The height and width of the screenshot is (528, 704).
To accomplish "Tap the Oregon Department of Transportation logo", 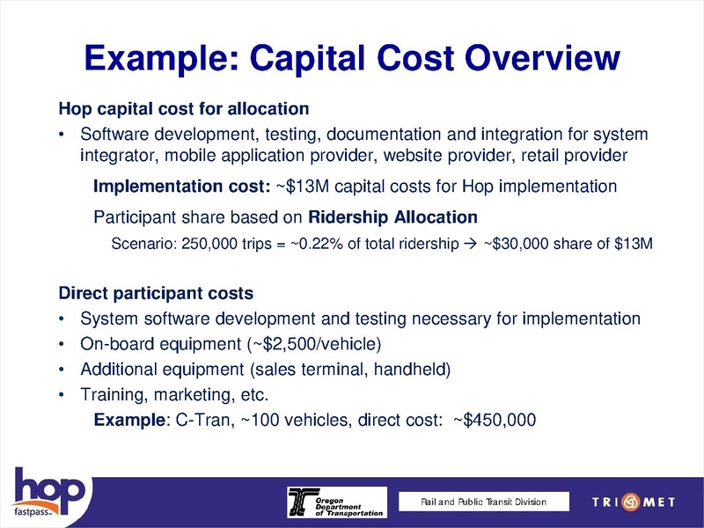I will tap(335, 502).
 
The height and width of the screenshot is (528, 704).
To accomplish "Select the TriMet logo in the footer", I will tap(630, 502).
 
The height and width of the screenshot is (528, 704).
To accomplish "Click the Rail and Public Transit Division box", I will tap(483, 502).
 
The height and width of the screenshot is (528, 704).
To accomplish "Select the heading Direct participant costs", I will tap(156, 292).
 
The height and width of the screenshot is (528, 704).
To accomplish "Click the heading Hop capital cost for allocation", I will tap(183, 110).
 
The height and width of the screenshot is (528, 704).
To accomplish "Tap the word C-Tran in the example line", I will tap(200, 420).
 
